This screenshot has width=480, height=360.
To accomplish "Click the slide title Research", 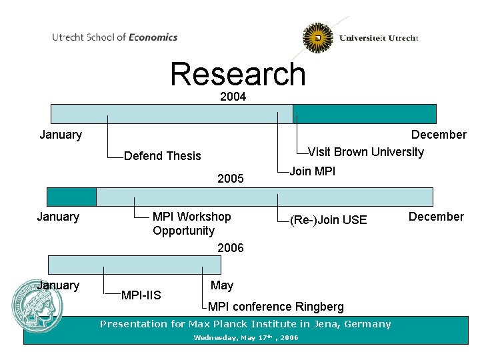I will point(238,75).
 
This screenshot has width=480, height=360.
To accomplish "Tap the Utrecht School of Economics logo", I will point(115,37).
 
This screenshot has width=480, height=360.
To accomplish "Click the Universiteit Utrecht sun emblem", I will point(318,38).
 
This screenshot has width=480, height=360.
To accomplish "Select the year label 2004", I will point(233,97).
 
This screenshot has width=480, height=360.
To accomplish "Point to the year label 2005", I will point(231,179).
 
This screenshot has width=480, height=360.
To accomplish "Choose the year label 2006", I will point(231,248).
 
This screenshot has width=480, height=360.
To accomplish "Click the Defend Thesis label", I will point(163,156).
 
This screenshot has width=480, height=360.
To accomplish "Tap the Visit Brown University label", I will point(366,152).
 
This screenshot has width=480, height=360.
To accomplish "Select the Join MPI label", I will point(313,171).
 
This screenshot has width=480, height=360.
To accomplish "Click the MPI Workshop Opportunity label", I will point(191,224).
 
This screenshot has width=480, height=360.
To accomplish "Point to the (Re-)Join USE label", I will point(328,220).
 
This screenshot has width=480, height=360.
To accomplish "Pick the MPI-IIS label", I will point(141,295).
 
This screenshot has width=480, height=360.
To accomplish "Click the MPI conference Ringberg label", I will point(276,307).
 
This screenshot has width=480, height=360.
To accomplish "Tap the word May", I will point(222,285).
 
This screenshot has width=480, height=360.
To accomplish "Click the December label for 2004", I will point(439,135).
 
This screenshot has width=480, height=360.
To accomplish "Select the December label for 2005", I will point(436,217).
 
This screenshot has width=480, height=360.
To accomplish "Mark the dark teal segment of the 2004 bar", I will point(365,114).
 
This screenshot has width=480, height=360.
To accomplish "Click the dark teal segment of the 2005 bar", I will point(71,197).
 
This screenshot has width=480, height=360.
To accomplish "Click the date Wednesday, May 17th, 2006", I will point(246,338).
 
